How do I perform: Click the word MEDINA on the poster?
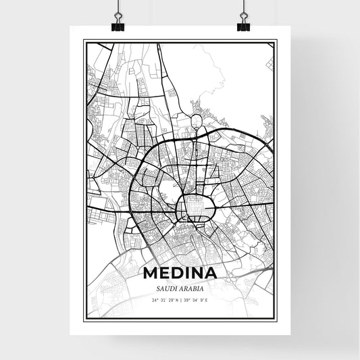[x=180, y=274]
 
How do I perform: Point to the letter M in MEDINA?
[x=150, y=274]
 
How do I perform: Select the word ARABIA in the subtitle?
[x=190, y=288]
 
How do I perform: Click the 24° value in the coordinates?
[x=155, y=299]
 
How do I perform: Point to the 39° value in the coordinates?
[x=189, y=299]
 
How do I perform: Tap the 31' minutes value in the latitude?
[x=162, y=299]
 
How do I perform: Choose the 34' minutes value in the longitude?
[x=197, y=299]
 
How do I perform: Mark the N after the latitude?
[x=177, y=299]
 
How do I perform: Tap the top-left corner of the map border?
[x=84, y=41]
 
